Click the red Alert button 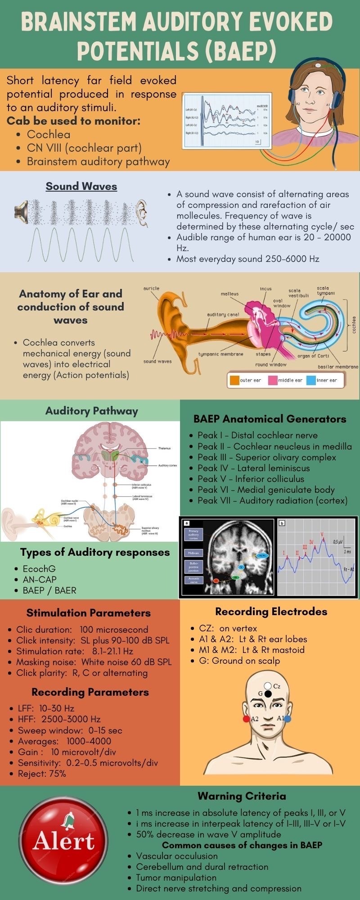(x=63, y=841)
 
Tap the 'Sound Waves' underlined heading (x=81, y=186)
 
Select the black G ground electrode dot (x=268, y=694)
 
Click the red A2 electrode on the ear (x=246, y=719)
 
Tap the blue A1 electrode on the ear (x=288, y=719)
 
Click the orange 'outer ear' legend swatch (x=234, y=380)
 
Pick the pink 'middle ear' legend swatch (x=272, y=380)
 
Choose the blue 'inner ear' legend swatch (x=311, y=380)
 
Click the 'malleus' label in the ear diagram (x=229, y=294)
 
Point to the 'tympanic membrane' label (x=220, y=354)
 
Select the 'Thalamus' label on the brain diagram (x=164, y=448)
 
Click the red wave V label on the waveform (x=322, y=534)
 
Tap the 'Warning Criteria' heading (x=242, y=796)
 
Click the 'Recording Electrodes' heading (x=271, y=612)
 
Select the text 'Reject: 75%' (x=42, y=774)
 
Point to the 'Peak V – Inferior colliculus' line (x=251, y=479)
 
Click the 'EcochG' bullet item (x=39, y=569)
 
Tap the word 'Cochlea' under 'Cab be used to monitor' (x=49, y=135)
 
